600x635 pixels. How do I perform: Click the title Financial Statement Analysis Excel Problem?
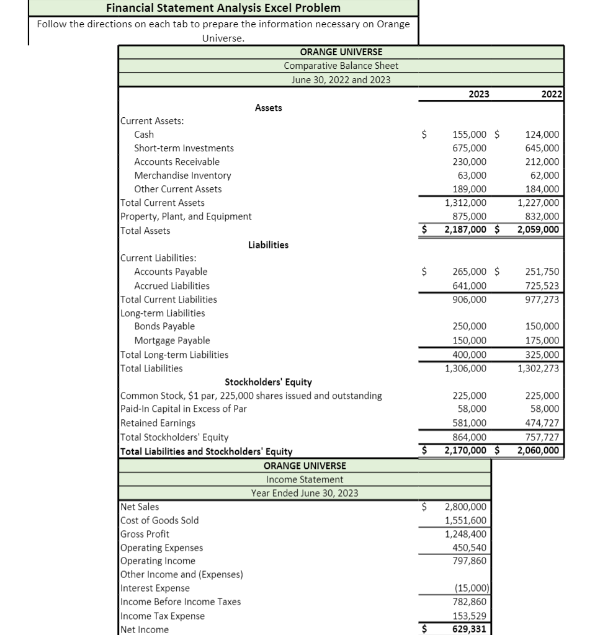coord(223,8)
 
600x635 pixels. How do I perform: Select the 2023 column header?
coord(478,94)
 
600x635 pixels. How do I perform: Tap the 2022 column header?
coord(551,94)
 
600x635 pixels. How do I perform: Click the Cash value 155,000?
coord(470,135)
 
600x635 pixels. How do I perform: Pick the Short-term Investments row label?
coord(184,148)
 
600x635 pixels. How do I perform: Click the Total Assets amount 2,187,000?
coord(466,230)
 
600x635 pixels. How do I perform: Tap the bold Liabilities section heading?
coord(268,245)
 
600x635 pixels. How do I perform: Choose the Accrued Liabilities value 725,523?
coord(542,286)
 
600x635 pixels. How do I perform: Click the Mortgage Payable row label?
coord(172,340)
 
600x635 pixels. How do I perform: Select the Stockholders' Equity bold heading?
coord(268,382)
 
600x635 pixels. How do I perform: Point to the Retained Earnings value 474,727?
coord(542,423)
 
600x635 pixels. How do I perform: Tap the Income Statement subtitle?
coord(304,479)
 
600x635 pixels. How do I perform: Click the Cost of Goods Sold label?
coord(159,520)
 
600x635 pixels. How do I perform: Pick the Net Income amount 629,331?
coord(470,629)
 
